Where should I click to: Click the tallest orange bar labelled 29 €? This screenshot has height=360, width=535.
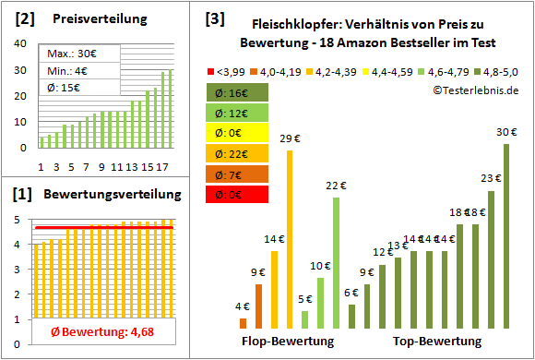(x=290, y=239)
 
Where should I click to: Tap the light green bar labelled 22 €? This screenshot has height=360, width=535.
(x=336, y=264)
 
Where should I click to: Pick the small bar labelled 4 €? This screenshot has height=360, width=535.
(x=244, y=323)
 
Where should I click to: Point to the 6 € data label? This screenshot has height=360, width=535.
(x=351, y=293)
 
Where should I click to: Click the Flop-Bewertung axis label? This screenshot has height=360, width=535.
(x=287, y=342)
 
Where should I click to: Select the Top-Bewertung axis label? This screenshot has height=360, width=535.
(x=437, y=342)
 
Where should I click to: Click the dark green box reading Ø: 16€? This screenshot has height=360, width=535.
(x=237, y=92)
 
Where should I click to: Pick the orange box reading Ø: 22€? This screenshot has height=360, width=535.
(x=237, y=153)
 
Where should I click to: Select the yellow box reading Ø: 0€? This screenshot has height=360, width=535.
(x=237, y=133)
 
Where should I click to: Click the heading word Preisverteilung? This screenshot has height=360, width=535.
(x=98, y=18)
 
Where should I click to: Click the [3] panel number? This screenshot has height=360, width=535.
(x=214, y=18)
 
